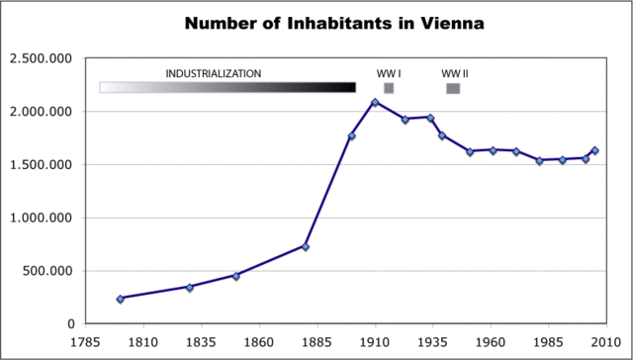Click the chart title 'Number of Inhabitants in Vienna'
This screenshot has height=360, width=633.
[x=316, y=23]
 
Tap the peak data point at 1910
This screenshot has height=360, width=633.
[x=375, y=102]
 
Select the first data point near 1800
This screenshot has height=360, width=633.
[x=120, y=299]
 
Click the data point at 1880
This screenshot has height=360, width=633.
[x=306, y=246]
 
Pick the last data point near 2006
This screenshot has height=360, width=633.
[x=594, y=150]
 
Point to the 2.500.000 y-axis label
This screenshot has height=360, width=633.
[x=41, y=58]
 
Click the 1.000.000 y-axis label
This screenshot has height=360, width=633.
[x=41, y=218]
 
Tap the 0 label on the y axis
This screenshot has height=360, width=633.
[x=70, y=323]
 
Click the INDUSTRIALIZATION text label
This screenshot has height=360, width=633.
[x=214, y=73]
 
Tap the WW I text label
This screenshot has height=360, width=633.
[x=388, y=73]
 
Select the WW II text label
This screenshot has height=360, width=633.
[x=454, y=73]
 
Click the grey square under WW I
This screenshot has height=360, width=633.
[x=389, y=88]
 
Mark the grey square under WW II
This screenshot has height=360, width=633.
[x=453, y=88]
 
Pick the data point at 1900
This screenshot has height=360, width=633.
[x=351, y=135]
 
